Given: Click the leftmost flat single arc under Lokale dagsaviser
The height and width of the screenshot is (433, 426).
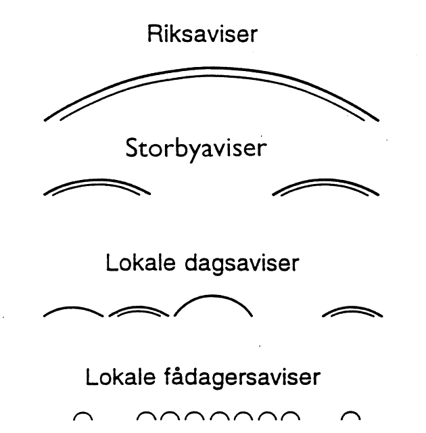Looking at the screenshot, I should coord(74,309).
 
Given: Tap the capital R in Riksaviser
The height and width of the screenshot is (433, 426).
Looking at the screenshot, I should coord(155,35).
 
